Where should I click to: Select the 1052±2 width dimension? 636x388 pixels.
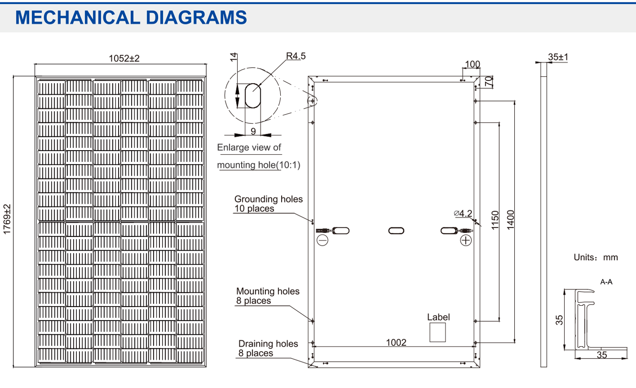click(x=124, y=58)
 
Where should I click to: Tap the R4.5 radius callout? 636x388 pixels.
click(x=296, y=56)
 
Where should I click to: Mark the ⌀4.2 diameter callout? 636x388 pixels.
click(x=463, y=213)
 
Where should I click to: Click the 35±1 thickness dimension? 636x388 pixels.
click(x=558, y=57)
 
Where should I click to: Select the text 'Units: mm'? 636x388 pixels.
click(x=596, y=257)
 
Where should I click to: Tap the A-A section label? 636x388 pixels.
click(x=606, y=282)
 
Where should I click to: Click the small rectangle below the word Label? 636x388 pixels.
click(x=438, y=332)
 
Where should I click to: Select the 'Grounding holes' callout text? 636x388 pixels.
click(x=268, y=199)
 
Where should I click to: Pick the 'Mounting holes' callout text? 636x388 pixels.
click(x=268, y=291)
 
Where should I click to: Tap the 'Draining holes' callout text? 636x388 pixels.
click(x=268, y=344)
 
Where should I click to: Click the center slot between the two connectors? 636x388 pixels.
click(x=396, y=230)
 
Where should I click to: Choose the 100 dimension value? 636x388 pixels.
click(x=472, y=64)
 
